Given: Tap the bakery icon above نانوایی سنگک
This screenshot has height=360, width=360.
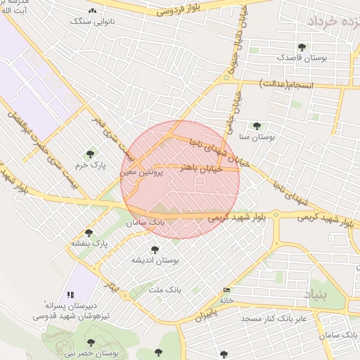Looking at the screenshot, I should (x=93, y=11).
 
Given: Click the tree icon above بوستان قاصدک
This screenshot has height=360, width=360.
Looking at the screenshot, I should (x=302, y=47).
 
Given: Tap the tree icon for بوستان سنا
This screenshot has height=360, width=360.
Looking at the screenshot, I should (x=257, y=126).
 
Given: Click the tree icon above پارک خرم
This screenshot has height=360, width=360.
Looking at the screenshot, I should (x=89, y=153).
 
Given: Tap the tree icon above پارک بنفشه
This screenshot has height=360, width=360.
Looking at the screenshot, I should (x=89, y=233).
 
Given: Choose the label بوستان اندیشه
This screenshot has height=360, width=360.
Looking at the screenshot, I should (x=155, y=260).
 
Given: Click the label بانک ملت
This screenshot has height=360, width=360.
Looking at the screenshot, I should (x=165, y=289).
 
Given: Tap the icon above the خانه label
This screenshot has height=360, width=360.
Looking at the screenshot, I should (x=226, y=290).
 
